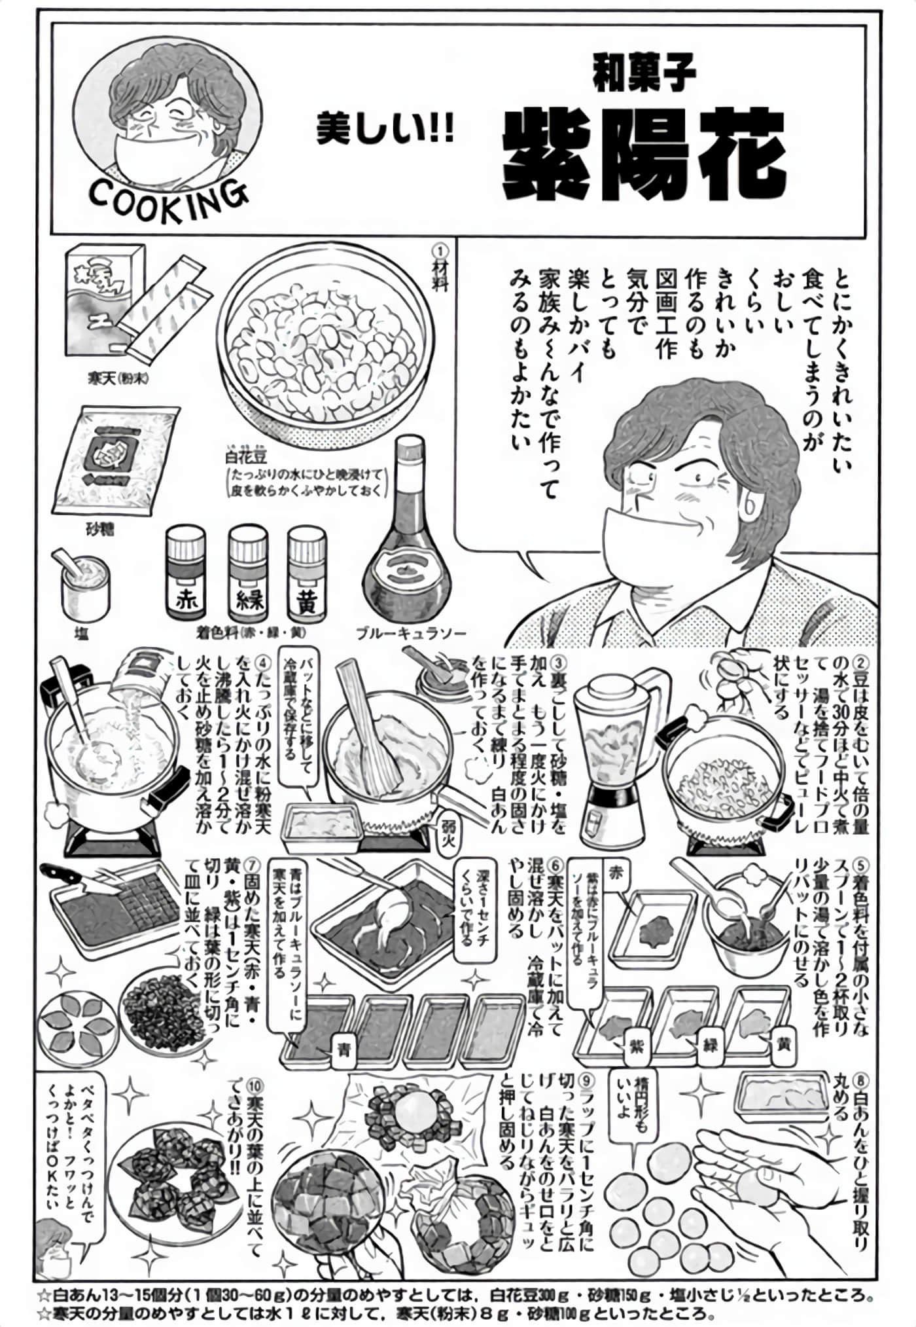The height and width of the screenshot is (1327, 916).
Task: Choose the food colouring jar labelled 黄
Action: [x=308, y=577]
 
